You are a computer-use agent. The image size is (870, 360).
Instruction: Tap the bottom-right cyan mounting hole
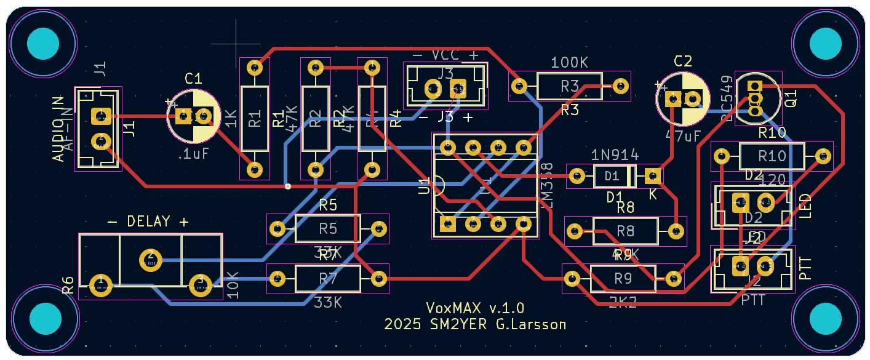(825, 318)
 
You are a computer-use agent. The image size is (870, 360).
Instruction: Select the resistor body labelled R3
(569, 86)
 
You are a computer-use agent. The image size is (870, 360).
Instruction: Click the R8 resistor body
(625, 231)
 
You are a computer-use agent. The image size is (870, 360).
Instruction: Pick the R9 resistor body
(623, 279)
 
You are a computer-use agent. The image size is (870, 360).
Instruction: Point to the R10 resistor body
(772, 156)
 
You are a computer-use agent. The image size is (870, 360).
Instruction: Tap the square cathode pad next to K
(653, 177)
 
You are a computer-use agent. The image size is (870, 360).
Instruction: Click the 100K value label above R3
(569, 63)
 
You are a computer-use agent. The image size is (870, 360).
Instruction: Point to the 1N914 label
(615, 154)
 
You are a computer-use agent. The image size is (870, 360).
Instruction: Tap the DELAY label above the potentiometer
(148, 221)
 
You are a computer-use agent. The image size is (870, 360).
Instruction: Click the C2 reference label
(683, 61)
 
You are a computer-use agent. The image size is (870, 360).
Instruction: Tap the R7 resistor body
(327, 279)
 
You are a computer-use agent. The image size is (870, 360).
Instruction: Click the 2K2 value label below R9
(623, 302)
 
